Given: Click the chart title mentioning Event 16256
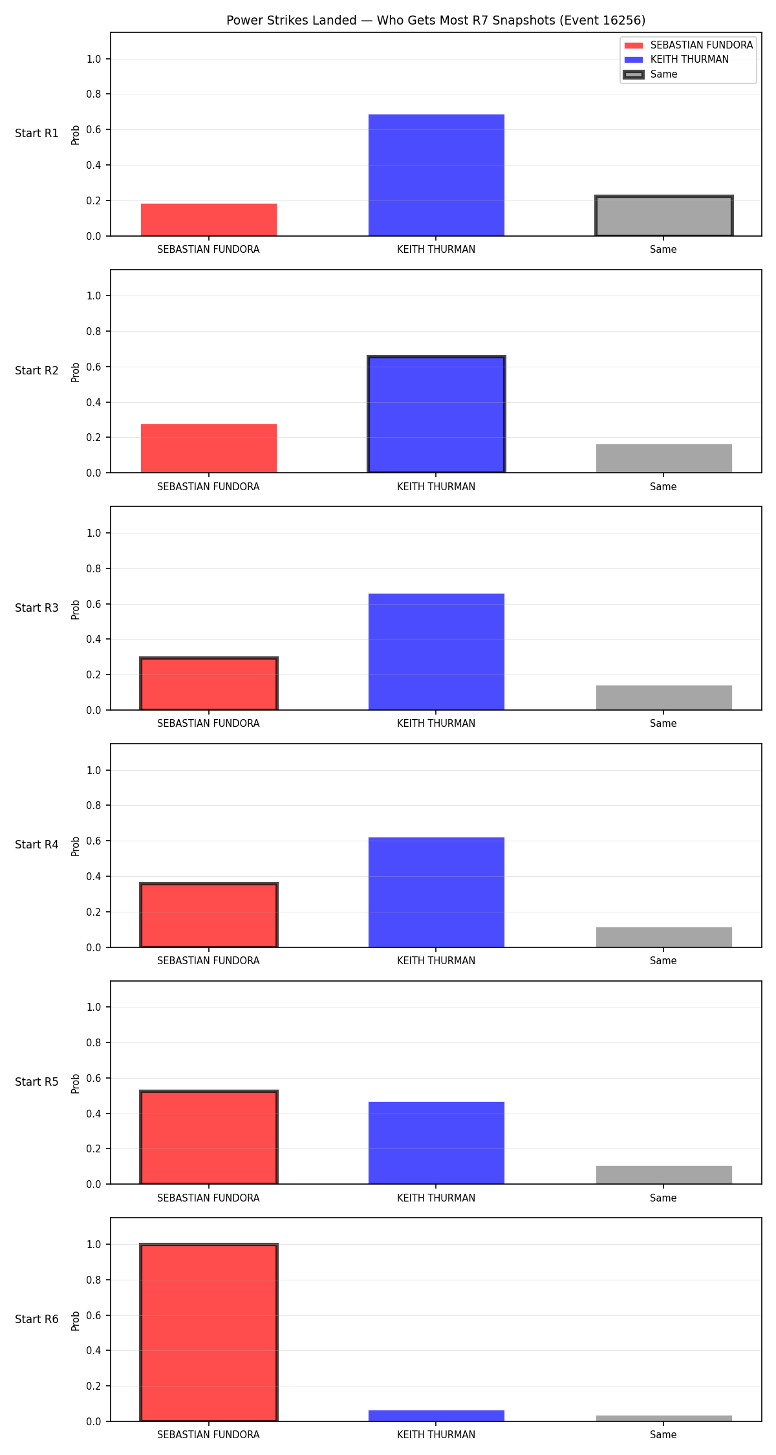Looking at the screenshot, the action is tap(436, 20).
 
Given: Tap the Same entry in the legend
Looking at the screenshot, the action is tap(650, 74).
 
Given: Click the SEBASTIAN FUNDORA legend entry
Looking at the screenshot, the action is tap(688, 45).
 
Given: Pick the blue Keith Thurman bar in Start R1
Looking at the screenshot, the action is tap(436, 175).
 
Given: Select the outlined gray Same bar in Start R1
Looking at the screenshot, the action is tap(664, 216).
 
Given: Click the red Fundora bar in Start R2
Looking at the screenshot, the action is tap(209, 448).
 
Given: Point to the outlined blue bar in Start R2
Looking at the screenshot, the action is tap(436, 415).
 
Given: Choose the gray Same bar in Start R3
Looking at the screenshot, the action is tap(664, 698).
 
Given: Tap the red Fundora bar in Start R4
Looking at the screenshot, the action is tap(209, 915).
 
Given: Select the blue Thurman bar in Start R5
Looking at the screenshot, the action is tap(436, 1143).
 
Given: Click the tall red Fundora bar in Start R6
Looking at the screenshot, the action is tap(209, 1333).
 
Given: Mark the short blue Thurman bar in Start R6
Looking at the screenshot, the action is tap(436, 1416).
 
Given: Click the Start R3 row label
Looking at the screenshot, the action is tap(37, 608).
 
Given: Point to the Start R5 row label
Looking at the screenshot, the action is tap(37, 1082).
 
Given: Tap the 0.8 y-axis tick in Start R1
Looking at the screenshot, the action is tap(94, 94).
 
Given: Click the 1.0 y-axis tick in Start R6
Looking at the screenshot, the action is tap(94, 1244).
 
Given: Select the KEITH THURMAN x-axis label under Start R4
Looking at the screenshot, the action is tap(436, 961).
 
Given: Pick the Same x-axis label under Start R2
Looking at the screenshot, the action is tap(663, 487).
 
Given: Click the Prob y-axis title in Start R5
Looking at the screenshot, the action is tap(76, 1084).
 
